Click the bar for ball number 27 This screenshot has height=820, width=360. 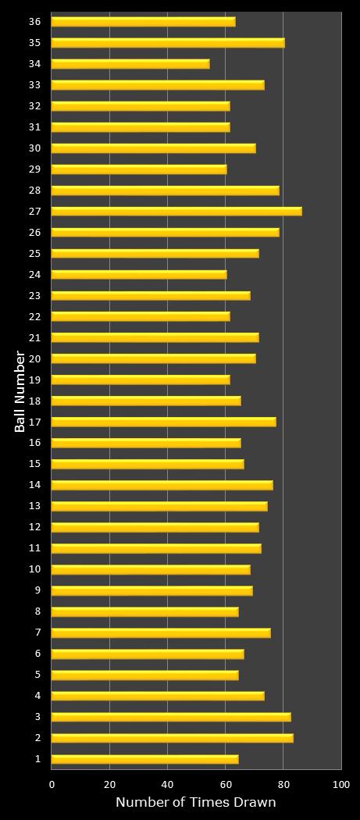(176, 211)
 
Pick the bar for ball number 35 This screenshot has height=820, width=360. (168, 42)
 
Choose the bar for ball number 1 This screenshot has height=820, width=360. (144, 758)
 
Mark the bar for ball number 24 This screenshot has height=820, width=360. (139, 274)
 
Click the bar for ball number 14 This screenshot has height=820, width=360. (162, 485)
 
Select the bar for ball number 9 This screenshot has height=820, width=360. (151, 590)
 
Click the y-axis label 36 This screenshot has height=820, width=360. (34, 21)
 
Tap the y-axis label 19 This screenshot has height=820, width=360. (34, 380)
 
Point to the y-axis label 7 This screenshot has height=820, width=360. (37, 633)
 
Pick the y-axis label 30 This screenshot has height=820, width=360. (34, 148)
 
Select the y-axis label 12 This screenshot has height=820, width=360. (34, 527)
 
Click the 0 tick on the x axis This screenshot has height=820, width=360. (52, 784)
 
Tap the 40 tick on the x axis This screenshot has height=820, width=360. (168, 784)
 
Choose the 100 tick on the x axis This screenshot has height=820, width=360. (341, 784)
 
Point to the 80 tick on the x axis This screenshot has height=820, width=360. (283, 784)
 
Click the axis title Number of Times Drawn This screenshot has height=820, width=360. (195, 803)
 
